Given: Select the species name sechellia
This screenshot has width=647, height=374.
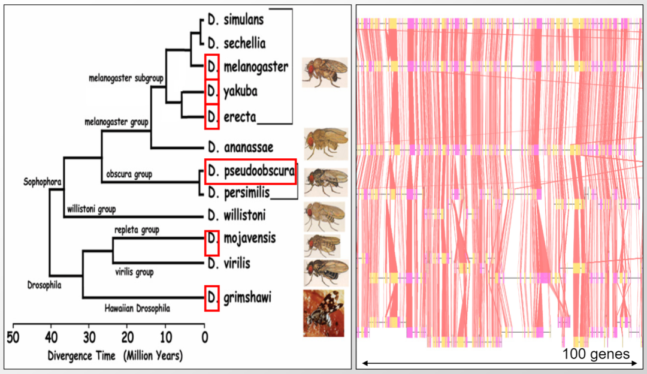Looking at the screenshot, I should (x=244, y=43).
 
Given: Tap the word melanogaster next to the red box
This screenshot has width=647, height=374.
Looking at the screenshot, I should (x=256, y=67).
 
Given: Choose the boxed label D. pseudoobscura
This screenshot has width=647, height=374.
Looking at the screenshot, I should (x=250, y=171).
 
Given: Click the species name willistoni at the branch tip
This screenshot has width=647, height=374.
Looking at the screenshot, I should (x=243, y=215).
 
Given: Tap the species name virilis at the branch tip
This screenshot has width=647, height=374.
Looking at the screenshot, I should (x=237, y=263).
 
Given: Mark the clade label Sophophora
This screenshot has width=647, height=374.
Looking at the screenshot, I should (x=43, y=180).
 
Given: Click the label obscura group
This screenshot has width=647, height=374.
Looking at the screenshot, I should (x=128, y=174).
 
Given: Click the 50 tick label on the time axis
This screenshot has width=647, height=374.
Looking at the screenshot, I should (x=13, y=336).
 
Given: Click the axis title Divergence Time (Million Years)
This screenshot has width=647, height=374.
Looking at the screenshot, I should (x=115, y=355).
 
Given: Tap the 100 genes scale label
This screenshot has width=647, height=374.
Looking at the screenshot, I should (x=595, y=354).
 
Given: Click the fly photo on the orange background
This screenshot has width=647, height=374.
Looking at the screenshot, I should (x=323, y=312).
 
